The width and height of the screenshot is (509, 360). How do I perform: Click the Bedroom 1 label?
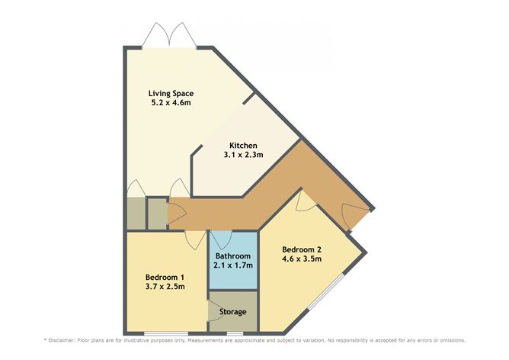pos(165,276)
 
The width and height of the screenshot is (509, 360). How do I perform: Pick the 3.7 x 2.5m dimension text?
pos(165,286)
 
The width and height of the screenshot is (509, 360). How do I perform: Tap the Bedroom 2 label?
pos(302,249)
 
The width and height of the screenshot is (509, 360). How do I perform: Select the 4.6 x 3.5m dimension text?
pos(302,259)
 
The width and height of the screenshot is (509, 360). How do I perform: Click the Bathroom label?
pos(232,256)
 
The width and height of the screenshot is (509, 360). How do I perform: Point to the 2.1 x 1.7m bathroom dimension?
pos(232,266)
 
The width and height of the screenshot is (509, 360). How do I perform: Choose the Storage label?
pos(234,311)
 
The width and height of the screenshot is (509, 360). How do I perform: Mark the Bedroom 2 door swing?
pos(306,200)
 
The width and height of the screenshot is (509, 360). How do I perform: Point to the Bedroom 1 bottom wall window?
pos(166,333)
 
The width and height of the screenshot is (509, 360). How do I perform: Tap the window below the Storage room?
pos(234,333)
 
